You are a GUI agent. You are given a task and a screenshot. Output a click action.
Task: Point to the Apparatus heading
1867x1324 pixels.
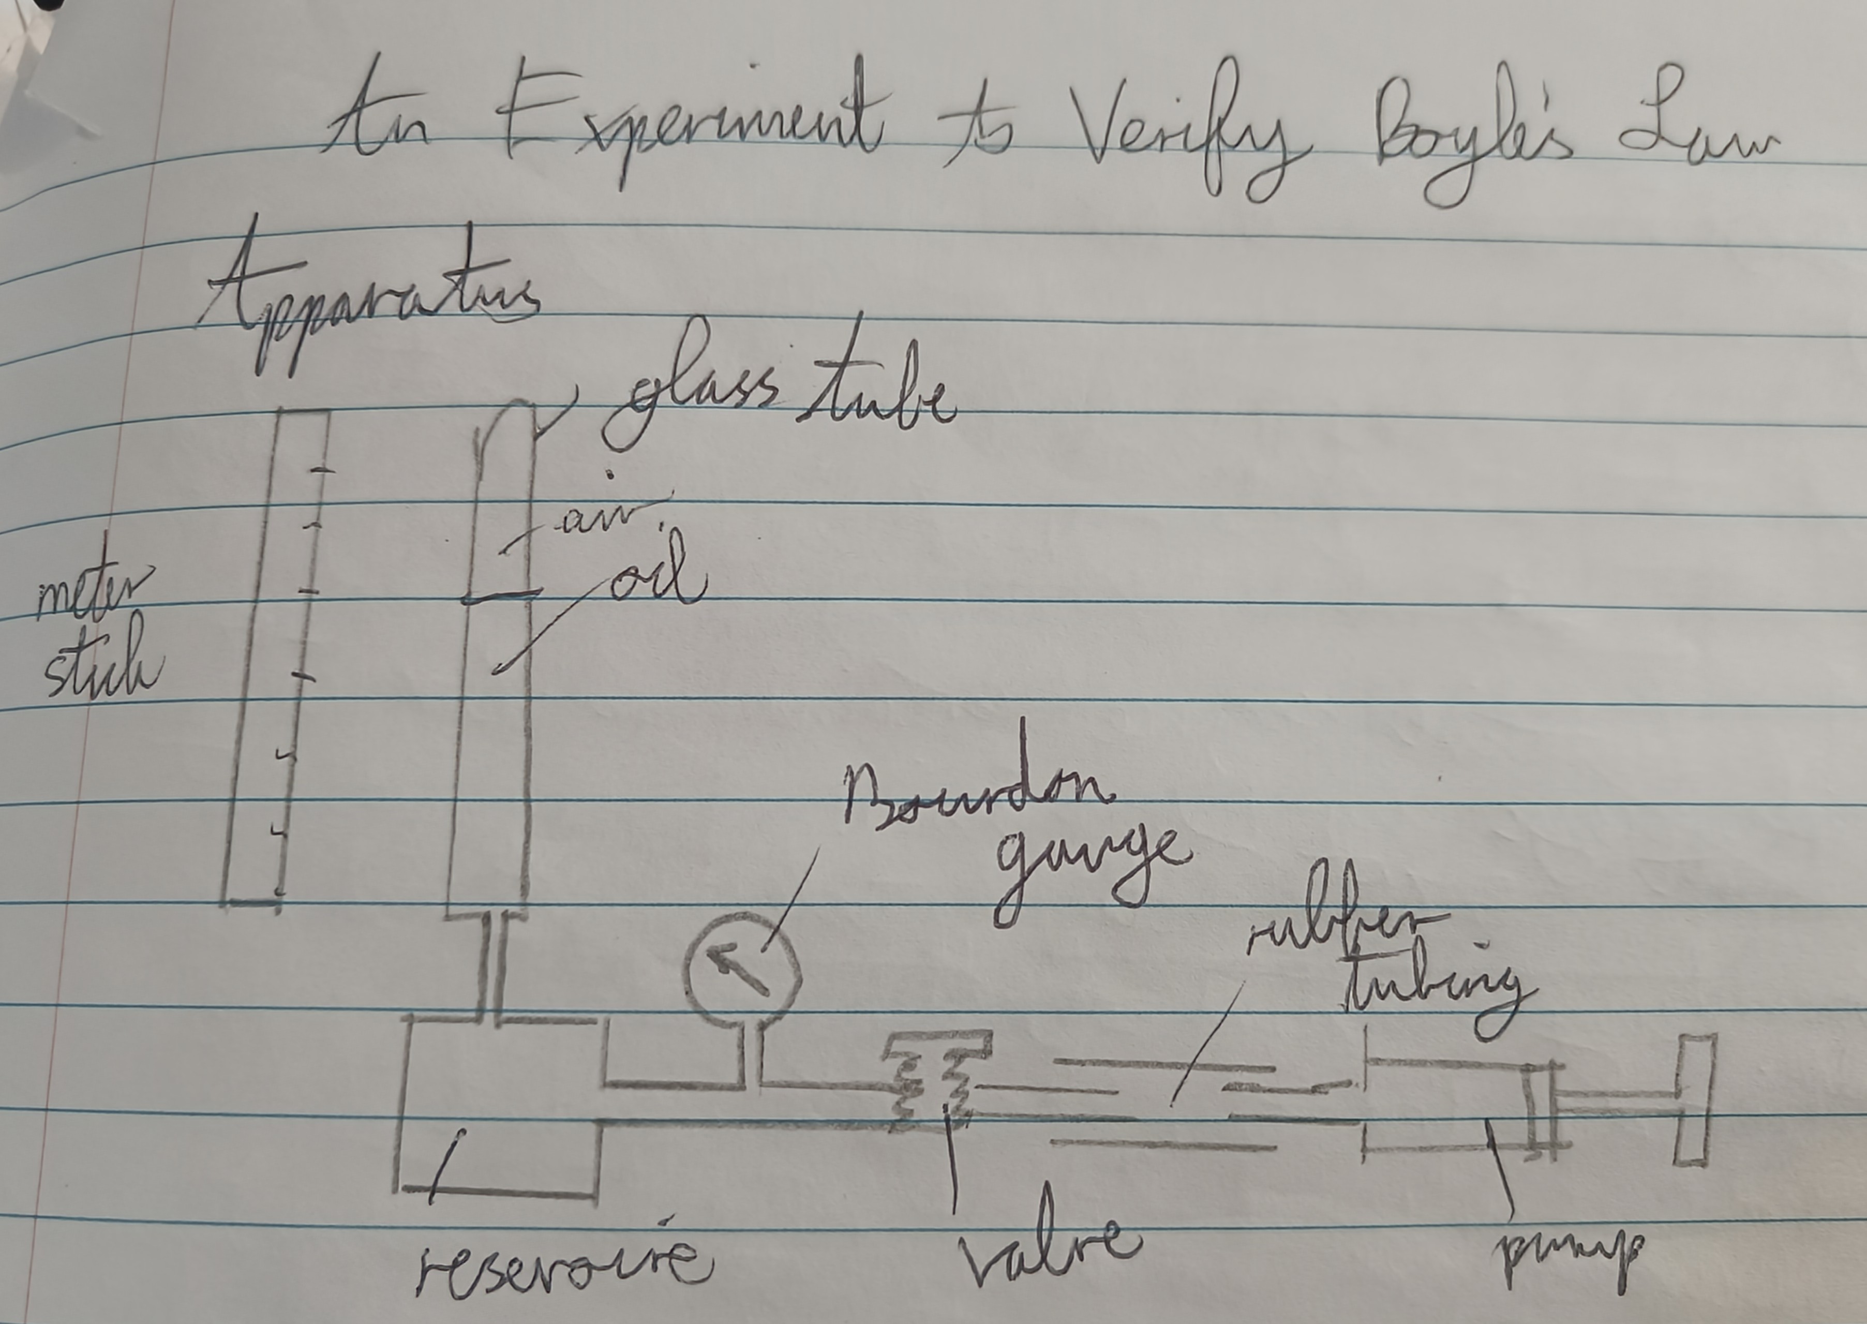(x=367, y=297)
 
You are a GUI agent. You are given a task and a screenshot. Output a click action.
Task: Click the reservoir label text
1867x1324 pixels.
(x=562, y=1260)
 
